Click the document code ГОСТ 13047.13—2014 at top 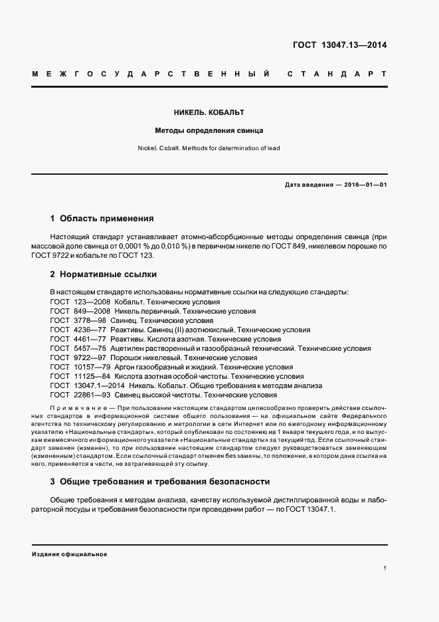tap(339, 46)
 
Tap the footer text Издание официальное tap(69, 554)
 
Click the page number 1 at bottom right tap(385, 569)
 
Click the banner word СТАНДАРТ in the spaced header tap(337, 74)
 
